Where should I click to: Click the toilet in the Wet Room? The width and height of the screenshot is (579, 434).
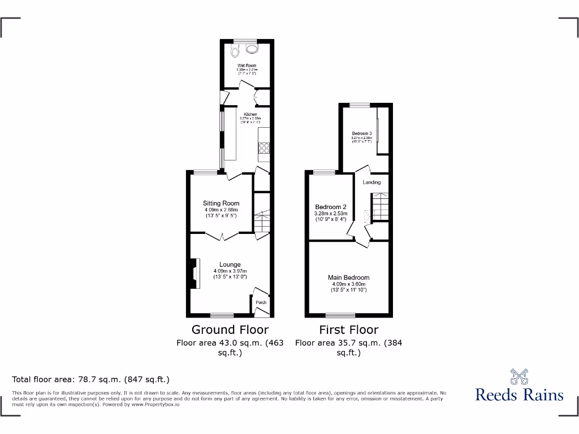pyautogui.click(x=236, y=52)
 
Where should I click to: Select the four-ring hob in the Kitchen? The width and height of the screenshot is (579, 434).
pyautogui.click(x=264, y=147)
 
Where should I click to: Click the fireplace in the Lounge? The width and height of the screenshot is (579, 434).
pyautogui.click(x=195, y=273)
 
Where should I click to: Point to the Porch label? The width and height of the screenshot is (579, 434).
pyautogui.click(x=261, y=302)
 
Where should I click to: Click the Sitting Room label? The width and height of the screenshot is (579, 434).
pyautogui.click(x=221, y=203)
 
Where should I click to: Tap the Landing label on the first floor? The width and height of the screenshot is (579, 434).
pyautogui.click(x=371, y=182)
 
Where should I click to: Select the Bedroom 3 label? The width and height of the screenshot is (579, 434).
pyautogui.click(x=361, y=134)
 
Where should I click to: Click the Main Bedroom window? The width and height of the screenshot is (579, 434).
pyautogui.click(x=340, y=314)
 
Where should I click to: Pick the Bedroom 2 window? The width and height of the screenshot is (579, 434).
pyautogui.click(x=325, y=171)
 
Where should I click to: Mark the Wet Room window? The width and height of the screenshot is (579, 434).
pyautogui.click(x=245, y=41)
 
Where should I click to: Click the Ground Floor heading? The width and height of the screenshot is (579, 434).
pyautogui.click(x=230, y=329)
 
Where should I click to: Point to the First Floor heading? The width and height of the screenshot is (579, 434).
pyautogui.click(x=349, y=329)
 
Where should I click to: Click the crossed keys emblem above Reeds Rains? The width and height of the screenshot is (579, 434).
pyautogui.click(x=519, y=376)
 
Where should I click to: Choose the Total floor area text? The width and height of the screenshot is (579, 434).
pyautogui.click(x=90, y=380)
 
